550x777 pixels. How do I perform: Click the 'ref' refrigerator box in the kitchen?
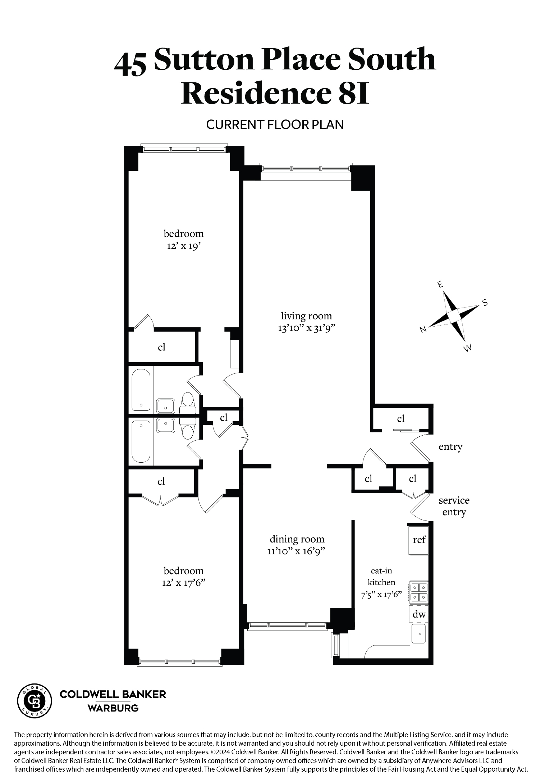(x=419, y=540)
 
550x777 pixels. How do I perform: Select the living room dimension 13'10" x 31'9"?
(x=306, y=328)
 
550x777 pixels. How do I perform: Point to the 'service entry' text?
(x=454, y=506)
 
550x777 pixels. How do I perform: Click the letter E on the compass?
(x=439, y=285)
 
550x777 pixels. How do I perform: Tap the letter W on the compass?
(x=468, y=348)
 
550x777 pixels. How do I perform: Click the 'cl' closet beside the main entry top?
(x=401, y=419)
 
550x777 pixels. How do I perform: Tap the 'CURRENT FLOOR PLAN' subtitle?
(x=275, y=124)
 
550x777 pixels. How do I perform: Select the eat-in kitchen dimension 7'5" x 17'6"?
(x=381, y=595)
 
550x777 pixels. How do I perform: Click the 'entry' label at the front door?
(x=450, y=447)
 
